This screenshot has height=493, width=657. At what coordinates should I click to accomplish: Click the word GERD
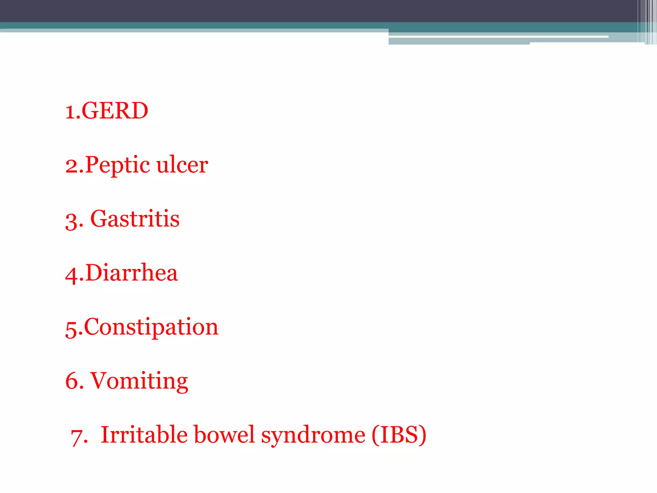click(115, 111)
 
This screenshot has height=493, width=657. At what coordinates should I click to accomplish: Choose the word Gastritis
click(135, 219)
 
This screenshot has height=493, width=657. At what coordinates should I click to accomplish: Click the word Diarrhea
click(131, 273)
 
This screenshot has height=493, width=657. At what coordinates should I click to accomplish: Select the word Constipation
click(151, 327)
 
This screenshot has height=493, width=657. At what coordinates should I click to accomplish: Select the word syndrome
click(313, 436)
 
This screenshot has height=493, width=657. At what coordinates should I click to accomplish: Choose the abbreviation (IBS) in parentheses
click(399, 435)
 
